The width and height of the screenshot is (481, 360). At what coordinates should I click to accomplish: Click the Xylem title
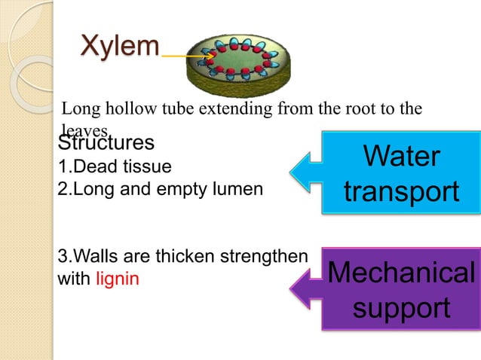pos(120,46)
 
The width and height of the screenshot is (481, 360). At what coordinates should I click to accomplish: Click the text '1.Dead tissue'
pos(115,166)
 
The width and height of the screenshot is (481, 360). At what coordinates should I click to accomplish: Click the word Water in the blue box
pos(400,157)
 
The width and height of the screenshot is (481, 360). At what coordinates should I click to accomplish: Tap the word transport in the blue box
pos(400,191)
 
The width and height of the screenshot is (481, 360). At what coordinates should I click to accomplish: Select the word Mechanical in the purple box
pos(400,273)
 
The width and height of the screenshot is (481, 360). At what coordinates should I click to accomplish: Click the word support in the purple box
pos(400,307)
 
